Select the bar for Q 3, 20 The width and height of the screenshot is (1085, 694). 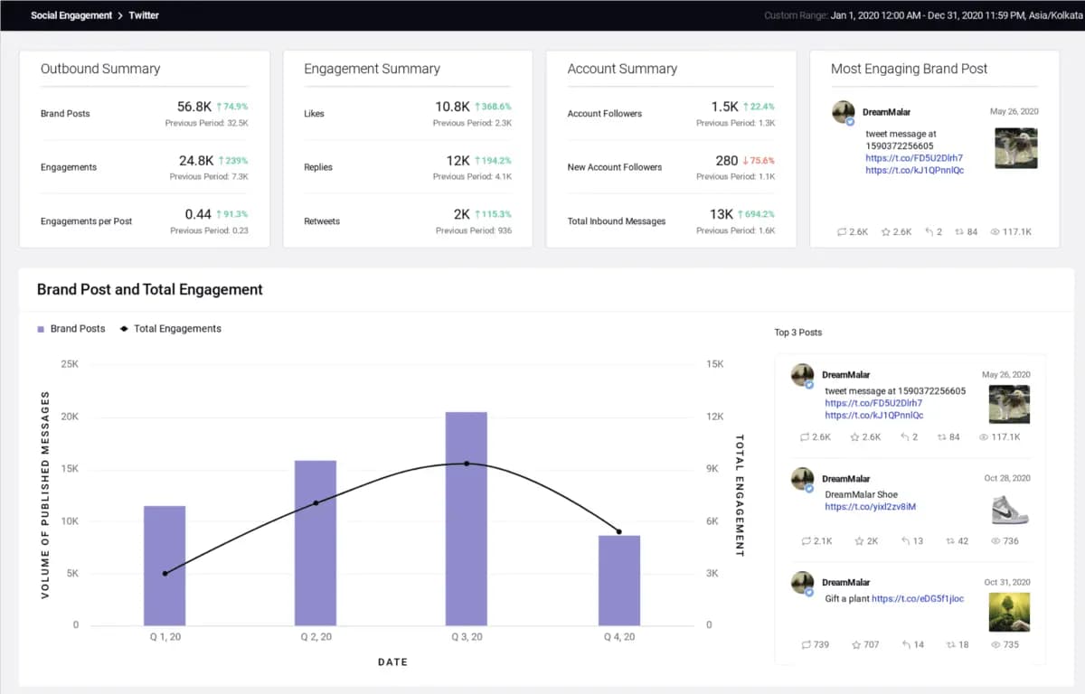pyautogui.click(x=466, y=519)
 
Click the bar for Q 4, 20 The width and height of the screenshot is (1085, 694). pyautogui.click(x=619, y=580)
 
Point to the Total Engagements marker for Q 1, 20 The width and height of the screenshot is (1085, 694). pyautogui.click(x=165, y=574)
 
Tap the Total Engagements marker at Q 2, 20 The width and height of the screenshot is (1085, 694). pyautogui.click(x=316, y=502)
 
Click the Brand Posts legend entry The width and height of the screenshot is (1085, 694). pyautogui.click(x=71, y=329)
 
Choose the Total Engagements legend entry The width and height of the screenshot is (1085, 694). pyautogui.click(x=171, y=329)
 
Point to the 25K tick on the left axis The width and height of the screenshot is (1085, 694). pyautogui.click(x=70, y=364)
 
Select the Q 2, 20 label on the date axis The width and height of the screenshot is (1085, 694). pyautogui.click(x=316, y=637)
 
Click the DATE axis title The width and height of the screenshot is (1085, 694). pyautogui.click(x=392, y=662)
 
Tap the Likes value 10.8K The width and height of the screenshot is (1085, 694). pyautogui.click(x=452, y=107)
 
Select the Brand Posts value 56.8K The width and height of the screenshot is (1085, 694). pyautogui.click(x=194, y=107)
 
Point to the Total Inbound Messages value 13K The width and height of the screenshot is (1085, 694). pyautogui.click(x=721, y=214)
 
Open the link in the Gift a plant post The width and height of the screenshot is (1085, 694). pyautogui.click(x=917, y=598)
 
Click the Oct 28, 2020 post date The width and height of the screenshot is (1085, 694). pyautogui.click(x=1006, y=478)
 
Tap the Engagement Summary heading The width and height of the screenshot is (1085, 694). pyautogui.click(x=372, y=69)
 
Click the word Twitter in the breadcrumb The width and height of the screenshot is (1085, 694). pyautogui.click(x=144, y=15)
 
